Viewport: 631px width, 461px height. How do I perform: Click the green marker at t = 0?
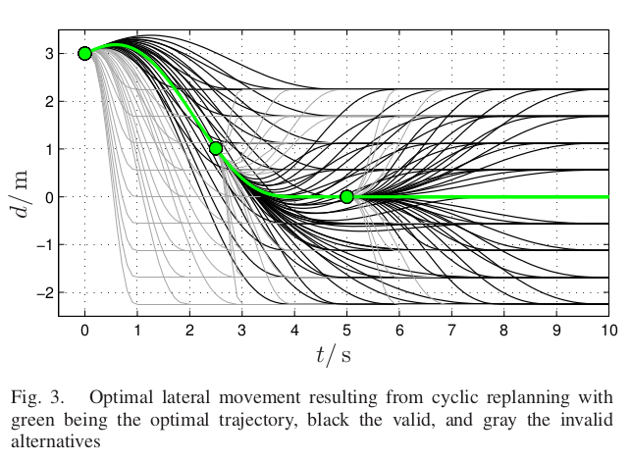coord(84,53)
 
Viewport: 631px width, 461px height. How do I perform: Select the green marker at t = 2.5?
coord(216,148)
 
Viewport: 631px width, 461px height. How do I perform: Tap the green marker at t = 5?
coord(346,196)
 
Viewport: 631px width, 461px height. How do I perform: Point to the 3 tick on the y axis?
coord(47,53)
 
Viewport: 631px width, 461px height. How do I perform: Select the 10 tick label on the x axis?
coord(608,333)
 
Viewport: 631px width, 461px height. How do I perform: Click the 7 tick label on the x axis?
coord(451,333)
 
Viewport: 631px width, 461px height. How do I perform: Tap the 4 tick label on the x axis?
coord(294,333)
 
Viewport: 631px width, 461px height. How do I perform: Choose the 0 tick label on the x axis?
coord(84,333)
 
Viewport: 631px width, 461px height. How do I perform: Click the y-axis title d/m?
coord(23,184)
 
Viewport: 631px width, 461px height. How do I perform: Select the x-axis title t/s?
coord(334,355)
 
